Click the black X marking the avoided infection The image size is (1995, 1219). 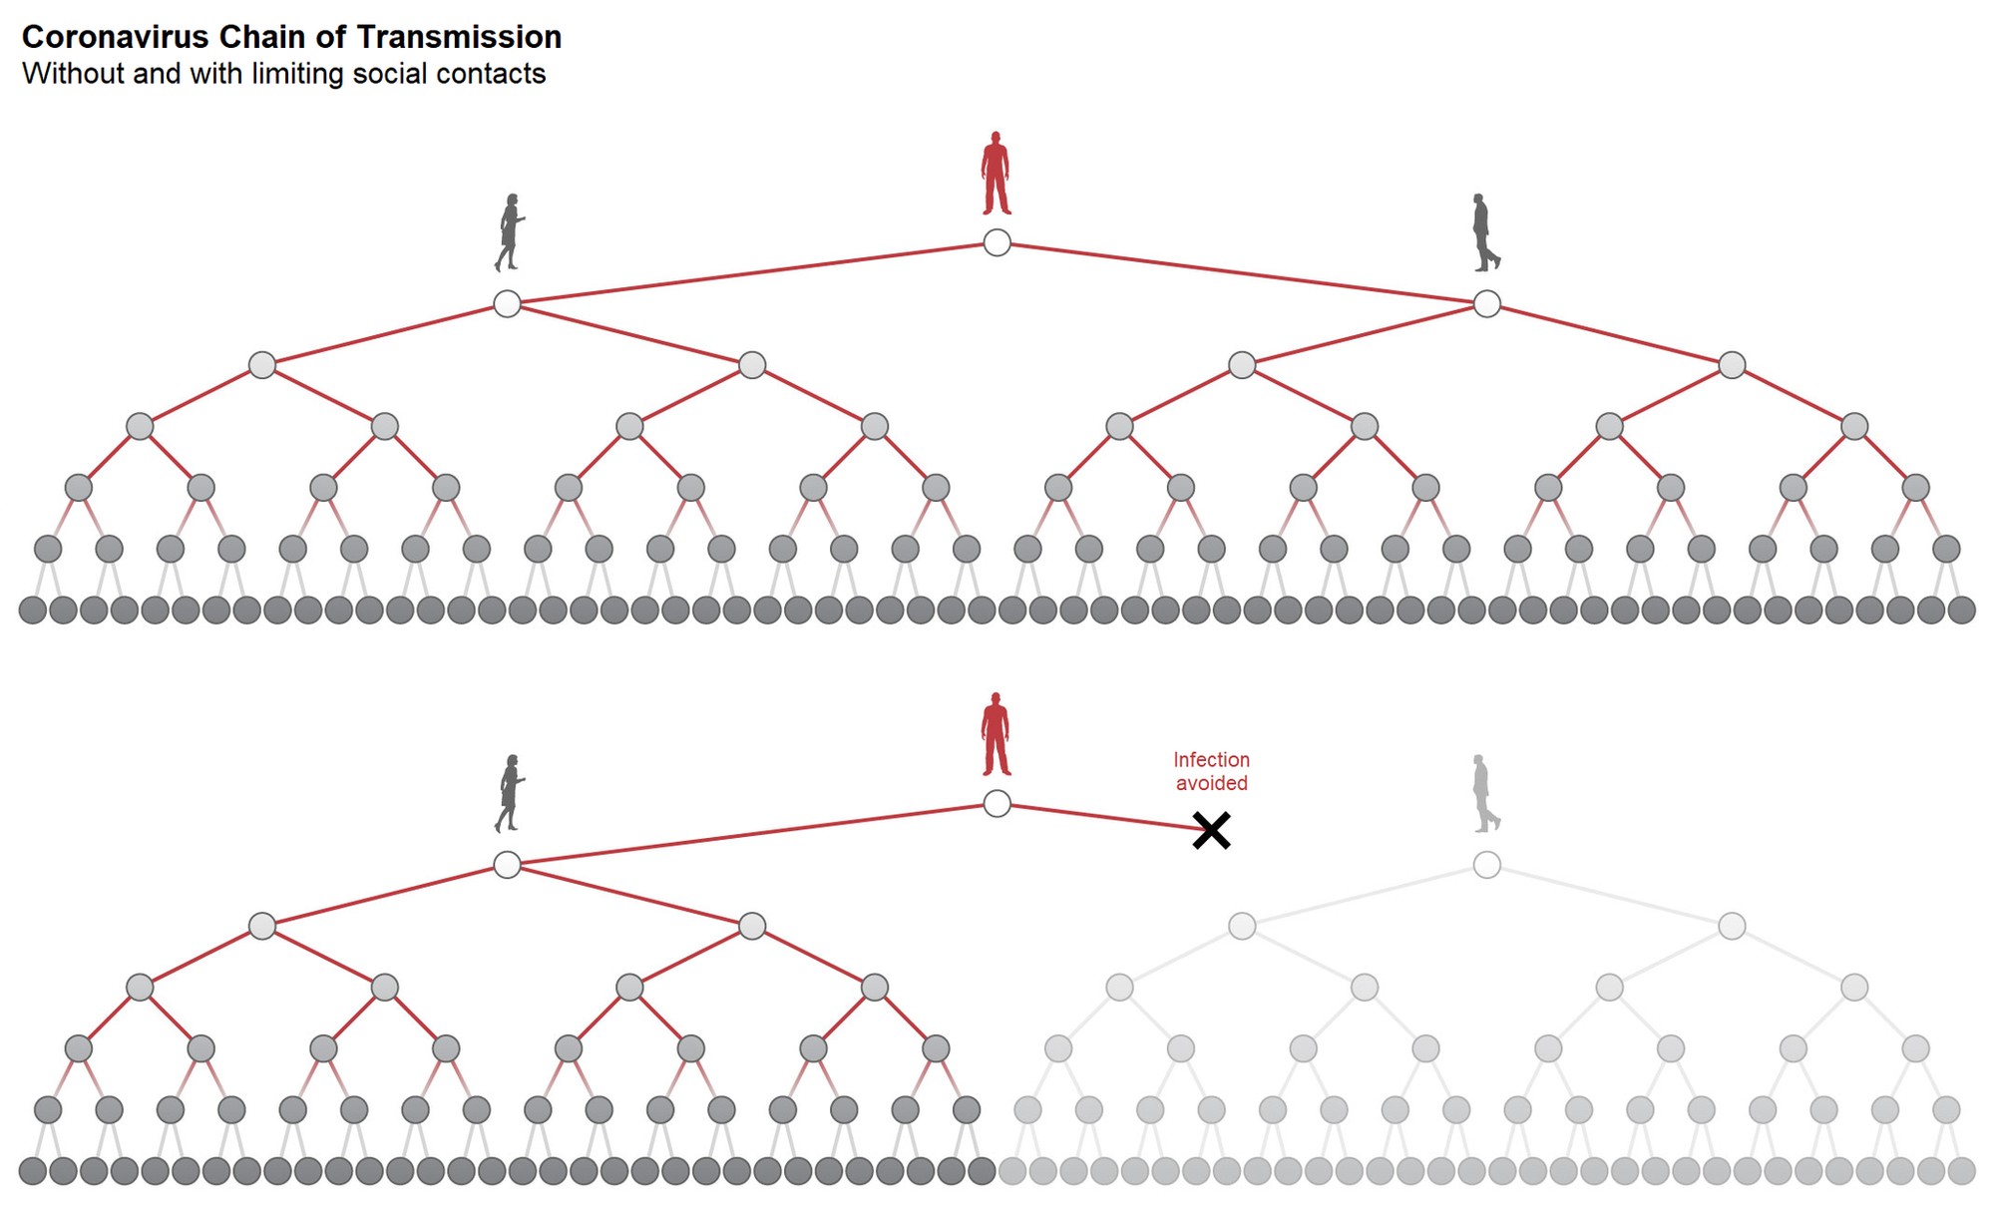[x=1211, y=830]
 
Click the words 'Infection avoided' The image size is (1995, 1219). [x=1211, y=771]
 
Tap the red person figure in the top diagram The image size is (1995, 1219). [x=996, y=173]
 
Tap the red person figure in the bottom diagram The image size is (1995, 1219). [x=996, y=733]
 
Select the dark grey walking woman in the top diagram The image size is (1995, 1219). [x=509, y=232]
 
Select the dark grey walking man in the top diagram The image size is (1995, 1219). [x=1486, y=232]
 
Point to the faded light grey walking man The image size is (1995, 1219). [x=1486, y=793]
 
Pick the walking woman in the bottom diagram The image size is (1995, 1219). [x=509, y=793]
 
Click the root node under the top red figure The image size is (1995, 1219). [x=997, y=242]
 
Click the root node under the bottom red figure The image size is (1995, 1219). [x=997, y=803]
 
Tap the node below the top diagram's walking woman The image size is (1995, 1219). [x=507, y=303]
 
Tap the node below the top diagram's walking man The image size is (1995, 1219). [x=1486, y=303]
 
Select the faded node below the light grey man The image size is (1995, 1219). [x=1486, y=864]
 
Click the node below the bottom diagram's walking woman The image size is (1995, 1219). [x=507, y=864]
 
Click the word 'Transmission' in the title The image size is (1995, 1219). [x=459, y=37]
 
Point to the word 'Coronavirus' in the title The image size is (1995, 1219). [x=116, y=37]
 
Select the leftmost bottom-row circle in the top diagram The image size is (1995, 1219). [x=33, y=609]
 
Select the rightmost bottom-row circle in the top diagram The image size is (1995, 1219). [x=1961, y=609]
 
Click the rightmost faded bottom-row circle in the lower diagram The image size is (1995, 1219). [x=1961, y=1170]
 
